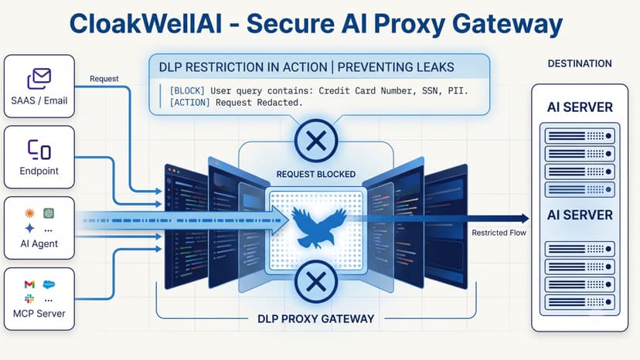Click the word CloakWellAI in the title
click(146, 24)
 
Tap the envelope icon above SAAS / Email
click(39, 79)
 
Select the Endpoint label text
click(39, 171)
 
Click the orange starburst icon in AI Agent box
click(29, 212)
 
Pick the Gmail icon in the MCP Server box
click(29, 284)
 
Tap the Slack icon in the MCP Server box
click(29, 299)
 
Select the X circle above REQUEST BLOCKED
click(316, 141)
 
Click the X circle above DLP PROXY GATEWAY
click(316, 282)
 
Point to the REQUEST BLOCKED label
click(316, 175)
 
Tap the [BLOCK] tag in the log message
click(187, 90)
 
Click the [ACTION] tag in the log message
click(190, 103)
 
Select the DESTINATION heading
click(580, 63)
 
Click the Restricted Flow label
click(499, 233)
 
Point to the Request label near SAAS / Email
click(104, 79)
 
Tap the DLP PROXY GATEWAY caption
click(316, 319)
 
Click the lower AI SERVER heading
click(580, 215)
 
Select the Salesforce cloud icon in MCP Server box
click(49, 284)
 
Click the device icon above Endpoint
click(39, 150)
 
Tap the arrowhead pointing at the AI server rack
click(524, 219)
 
